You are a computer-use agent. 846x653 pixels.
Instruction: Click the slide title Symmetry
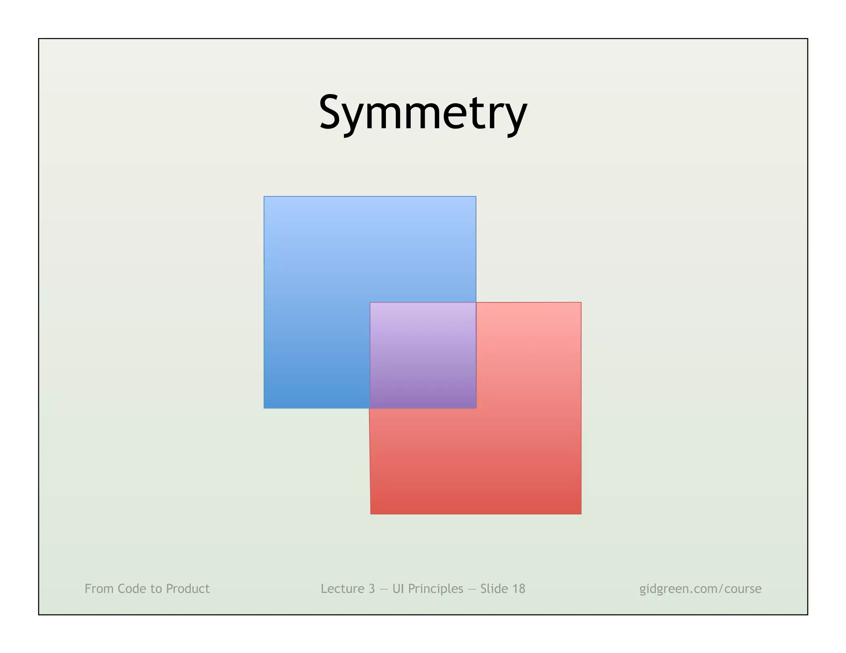423,112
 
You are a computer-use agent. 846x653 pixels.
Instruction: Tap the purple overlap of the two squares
423,355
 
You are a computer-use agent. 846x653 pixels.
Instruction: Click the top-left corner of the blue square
264,197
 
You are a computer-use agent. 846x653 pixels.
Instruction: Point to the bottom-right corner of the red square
581,513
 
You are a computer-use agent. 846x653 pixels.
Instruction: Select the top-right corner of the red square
581,303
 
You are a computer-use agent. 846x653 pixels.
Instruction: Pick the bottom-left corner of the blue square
264,408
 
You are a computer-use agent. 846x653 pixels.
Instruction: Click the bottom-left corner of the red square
371,513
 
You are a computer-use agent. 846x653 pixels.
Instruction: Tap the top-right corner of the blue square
475,197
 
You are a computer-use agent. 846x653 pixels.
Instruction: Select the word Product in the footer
188,589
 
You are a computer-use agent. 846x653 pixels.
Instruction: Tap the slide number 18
518,589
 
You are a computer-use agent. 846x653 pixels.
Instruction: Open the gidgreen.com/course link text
700,589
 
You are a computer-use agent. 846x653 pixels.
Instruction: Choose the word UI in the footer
398,589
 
